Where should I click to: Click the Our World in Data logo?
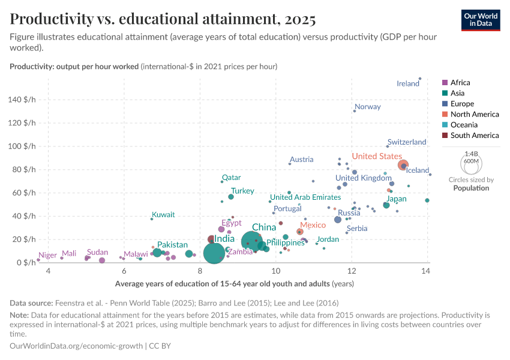(480, 20)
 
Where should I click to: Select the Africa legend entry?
(460, 83)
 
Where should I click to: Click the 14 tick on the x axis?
(426, 272)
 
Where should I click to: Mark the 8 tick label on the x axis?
(199, 272)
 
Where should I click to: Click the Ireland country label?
(408, 84)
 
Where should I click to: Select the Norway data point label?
(368, 107)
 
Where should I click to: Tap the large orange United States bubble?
(403, 165)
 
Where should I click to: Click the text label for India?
(224, 239)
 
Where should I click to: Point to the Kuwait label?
(163, 215)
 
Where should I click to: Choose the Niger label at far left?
(47, 256)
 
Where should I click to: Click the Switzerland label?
(407, 142)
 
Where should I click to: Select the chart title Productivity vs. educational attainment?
(163, 19)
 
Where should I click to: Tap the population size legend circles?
(471, 163)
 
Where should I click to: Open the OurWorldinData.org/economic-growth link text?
(77, 346)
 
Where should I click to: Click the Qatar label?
(231, 178)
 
